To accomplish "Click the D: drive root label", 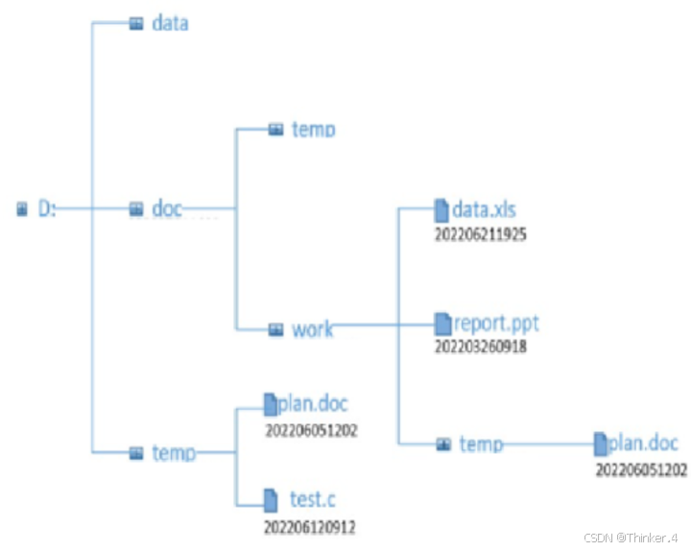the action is coord(47,208).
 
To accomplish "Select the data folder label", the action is coord(170,23).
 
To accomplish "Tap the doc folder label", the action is coord(167,208).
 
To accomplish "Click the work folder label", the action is coord(312,329).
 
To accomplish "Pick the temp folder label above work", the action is coord(313,129).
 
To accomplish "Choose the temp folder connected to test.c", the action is coord(174,452).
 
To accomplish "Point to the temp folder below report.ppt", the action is coord(481,443).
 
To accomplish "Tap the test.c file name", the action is coord(312,499).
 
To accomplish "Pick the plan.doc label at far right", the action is coord(643,443).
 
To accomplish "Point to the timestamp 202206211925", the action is coord(482,233).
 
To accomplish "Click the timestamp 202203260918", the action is coord(482,346).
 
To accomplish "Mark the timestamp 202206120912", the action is coord(312,526).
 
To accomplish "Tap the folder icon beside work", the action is coord(275,330).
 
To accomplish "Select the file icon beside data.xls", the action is coord(441,209).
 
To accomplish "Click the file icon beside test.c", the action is coord(271,499).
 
